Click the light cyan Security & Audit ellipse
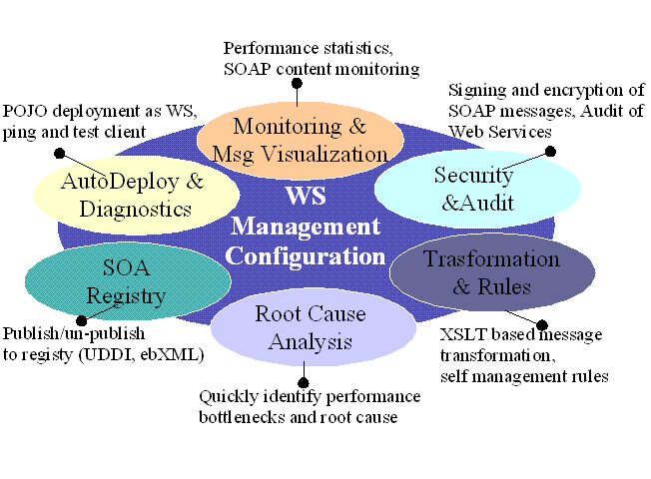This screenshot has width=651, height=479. (x=475, y=188)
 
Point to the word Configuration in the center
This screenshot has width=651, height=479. (x=305, y=255)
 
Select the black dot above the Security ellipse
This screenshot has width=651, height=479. (x=548, y=152)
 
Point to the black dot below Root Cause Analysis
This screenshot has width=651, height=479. (x=303, y=380)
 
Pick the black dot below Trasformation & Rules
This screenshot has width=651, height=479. (x=542, y=324)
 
